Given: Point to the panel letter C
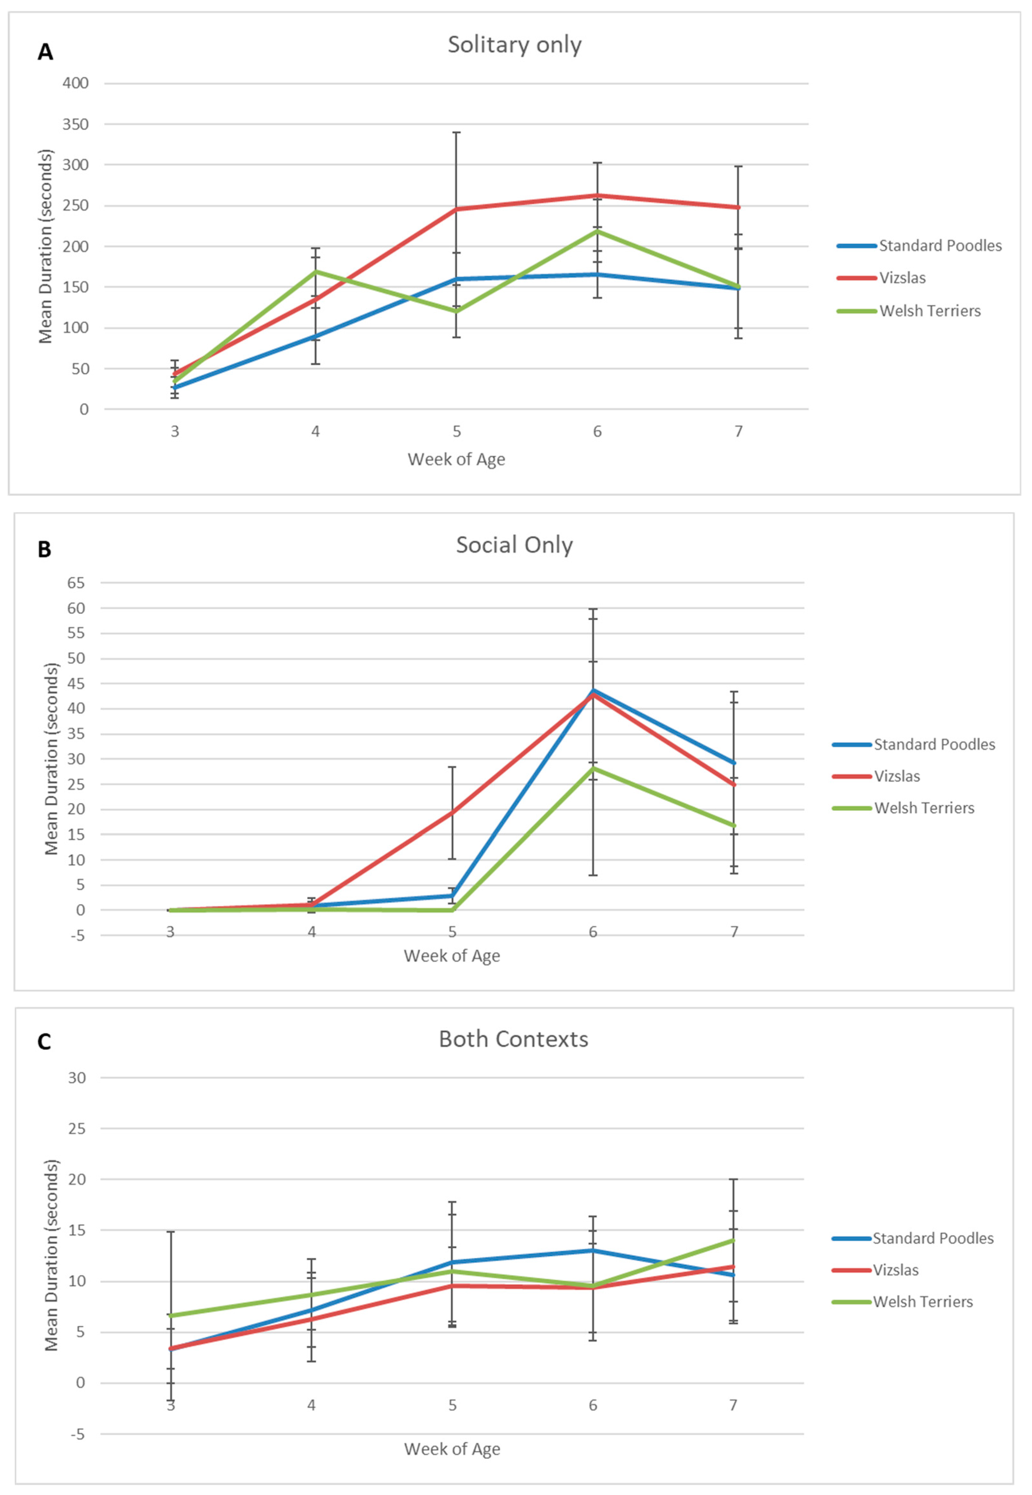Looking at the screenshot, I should coord(44,1042).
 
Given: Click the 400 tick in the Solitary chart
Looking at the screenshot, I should coord(76,83).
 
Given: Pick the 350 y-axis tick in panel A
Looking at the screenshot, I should coord(76,124).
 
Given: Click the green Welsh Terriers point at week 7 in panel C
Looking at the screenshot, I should coord(733,1240).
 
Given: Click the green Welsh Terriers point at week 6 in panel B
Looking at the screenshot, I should coord(593,768).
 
